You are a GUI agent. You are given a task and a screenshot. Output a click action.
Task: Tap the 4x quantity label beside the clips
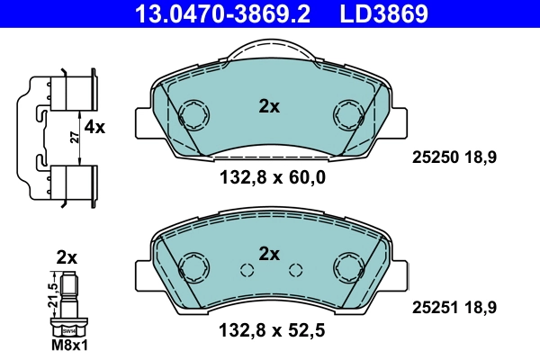tap(94, 128)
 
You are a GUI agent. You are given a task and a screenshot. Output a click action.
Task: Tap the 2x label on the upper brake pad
tap(269, 106)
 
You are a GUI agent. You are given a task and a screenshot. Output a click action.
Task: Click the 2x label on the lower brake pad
tap(269, 254)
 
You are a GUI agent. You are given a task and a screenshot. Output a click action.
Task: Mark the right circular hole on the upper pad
tap(347, 113)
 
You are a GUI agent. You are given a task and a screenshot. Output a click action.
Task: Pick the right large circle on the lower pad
tap(347, 267)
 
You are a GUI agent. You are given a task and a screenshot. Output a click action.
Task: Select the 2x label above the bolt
tap(67, 257)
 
